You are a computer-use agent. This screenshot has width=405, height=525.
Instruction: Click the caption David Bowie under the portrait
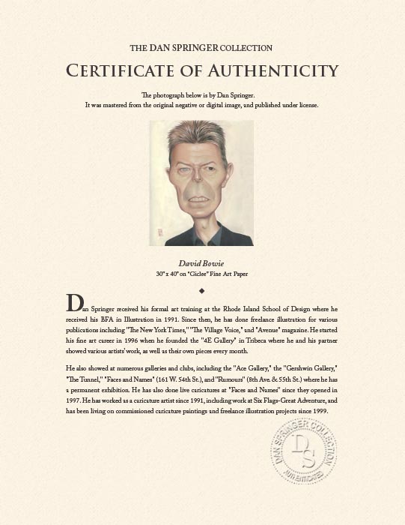click(x=202, y=264)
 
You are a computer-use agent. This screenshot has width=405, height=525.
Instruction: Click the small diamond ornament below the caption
click(x=202, y=289)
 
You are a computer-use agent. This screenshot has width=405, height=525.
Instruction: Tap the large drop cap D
click(x=73, y=304)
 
